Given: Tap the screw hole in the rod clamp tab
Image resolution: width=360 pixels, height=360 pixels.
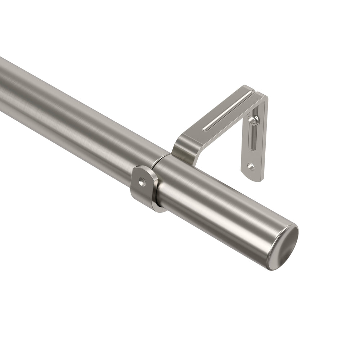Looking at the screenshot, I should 141,183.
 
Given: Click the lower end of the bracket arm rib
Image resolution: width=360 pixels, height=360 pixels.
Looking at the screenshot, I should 205,129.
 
